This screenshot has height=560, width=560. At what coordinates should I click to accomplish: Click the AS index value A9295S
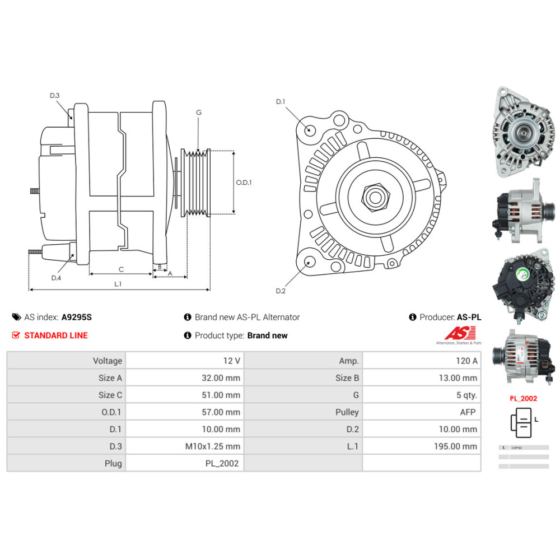pos(76,317)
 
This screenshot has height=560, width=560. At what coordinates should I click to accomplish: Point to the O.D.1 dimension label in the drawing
pos(244,183)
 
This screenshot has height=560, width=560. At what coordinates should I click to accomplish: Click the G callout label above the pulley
pos(198,113)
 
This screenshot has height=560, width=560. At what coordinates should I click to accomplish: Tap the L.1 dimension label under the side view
pos(118,284)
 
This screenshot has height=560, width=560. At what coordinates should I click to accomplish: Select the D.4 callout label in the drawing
pos(56,278)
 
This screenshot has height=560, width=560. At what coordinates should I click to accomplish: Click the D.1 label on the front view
pos(281,101)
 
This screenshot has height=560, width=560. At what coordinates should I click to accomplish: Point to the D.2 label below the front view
pos(281,291)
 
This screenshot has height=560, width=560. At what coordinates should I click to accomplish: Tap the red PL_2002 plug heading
pos(523,399)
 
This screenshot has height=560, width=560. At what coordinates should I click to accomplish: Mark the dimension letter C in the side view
pos(121,269)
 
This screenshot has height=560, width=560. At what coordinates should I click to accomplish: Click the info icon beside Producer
pos(413,317)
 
